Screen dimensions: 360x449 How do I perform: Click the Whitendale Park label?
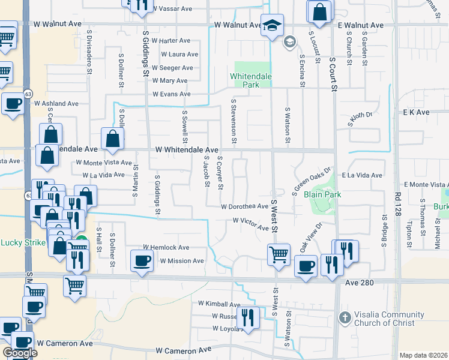(252, 80)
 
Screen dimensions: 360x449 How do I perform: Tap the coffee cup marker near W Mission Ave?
(142, 261)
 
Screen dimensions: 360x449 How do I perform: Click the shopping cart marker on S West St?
(279, 254)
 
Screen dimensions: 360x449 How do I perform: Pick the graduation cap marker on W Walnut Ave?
(272, 26)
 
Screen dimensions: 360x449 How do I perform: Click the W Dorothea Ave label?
(244, 206)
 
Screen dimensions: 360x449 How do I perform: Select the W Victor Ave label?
(251, 224)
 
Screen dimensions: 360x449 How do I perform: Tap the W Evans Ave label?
(171, 94)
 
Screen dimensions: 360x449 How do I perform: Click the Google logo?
(20, 352)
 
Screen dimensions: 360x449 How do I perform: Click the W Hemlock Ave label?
(166, 247)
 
